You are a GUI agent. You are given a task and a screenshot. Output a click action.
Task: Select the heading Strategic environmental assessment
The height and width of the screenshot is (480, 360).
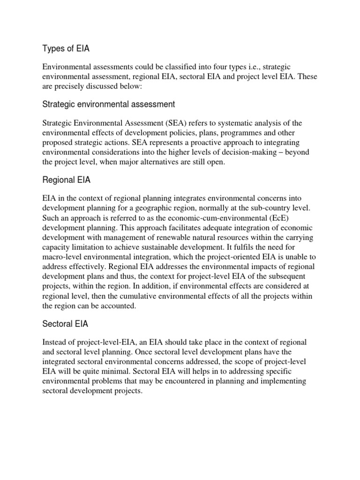click(x=109, y=104)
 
